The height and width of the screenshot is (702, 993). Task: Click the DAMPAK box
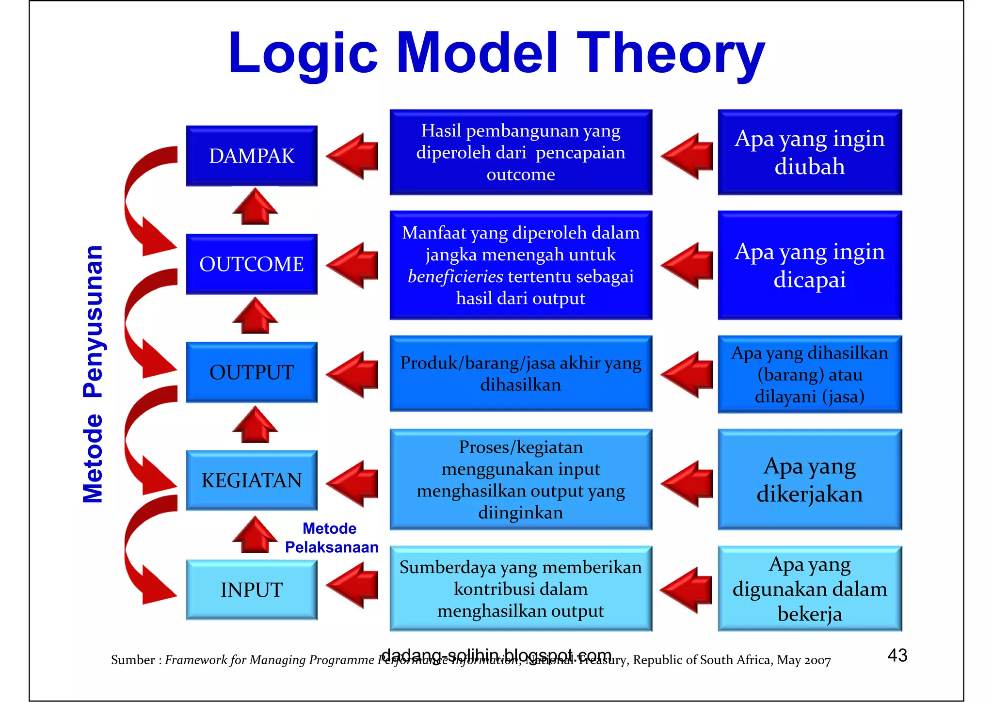tap(252, 156)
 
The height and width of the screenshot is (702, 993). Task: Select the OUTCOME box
tap(252, 264)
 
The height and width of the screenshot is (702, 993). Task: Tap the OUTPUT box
tap(252, 372)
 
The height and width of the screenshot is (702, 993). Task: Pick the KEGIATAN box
tap(252, 480)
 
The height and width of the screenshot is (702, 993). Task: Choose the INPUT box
tap(252, 590)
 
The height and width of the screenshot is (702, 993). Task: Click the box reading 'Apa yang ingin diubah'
tap(809, 152)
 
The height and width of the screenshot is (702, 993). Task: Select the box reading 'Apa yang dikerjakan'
tap(809, 479)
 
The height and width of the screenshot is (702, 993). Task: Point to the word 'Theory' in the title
tap(670, 53)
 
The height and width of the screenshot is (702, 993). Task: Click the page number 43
tap(897, 655)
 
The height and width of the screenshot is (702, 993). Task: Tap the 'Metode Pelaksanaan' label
tap(331, 538)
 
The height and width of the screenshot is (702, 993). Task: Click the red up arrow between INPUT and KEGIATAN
tap(255, 535)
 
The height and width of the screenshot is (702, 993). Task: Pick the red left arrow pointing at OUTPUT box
tap(353, 374)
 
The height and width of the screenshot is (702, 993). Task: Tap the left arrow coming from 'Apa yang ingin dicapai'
tap(688, 266)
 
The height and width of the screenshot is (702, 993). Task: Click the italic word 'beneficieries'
tap(455, 276)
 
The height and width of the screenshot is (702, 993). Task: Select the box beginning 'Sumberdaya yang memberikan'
tap(520, 589)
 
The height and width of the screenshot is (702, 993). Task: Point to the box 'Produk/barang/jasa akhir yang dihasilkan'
tap(520, 373)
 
